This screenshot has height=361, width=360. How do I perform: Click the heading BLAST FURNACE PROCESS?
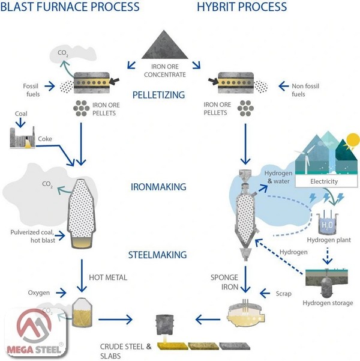(x=70, y=8)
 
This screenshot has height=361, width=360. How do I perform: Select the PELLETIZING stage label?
(x=158, y=94)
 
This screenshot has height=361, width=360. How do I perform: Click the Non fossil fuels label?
(x=306, y=90)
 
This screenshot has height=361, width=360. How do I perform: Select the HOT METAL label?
(x=109, y=278)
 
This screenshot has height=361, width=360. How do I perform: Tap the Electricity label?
(x=324, y=181)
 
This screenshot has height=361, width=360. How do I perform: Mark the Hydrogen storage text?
(x=328, y=303)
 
